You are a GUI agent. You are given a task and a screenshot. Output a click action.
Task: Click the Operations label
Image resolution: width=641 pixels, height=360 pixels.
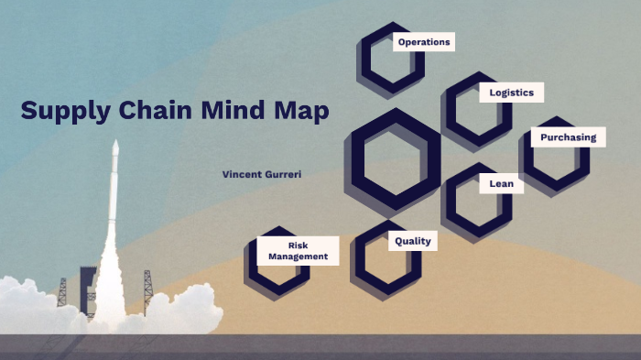pyautogui.click(x=424, y=42)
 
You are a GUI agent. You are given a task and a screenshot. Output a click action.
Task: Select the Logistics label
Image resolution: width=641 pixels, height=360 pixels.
pyautogui.click(x=511, y=93)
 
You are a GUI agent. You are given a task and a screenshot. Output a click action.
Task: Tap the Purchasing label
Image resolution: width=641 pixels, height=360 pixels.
pyautogui.click(x=568, y=137)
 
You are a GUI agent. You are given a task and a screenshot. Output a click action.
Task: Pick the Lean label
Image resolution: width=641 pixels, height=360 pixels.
pyautogui.click(x=501, y=184)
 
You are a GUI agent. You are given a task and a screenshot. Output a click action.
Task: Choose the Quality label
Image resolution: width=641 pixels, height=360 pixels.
pyautogui.click(x=412, y=241)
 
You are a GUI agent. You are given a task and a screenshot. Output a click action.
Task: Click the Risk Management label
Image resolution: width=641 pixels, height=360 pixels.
pyautogui.click(x=298, y=251)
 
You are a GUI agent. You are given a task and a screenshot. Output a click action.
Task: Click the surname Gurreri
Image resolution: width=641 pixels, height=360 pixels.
pyautogui.click(x=283, y=173)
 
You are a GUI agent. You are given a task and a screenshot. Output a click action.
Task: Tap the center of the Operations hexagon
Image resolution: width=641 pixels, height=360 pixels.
pyautogui.click(x=391, y=59)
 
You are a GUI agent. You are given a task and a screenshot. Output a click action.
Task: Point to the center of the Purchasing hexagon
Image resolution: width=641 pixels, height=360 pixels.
pyautogui.click(x=555, y=152)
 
